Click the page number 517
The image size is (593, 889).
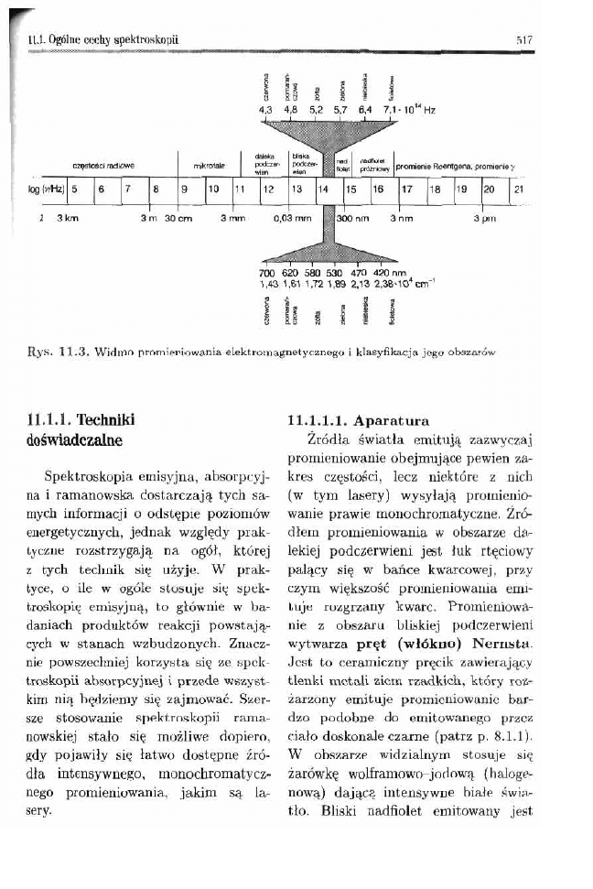click(x=523, y=40)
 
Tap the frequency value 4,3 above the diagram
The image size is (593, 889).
click(x=267, y=108)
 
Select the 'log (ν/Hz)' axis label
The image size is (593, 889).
click(x=46, y=190)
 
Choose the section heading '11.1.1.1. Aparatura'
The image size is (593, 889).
click(x=357, y=421)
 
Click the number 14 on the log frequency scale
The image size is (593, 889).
click(x=323, y=190)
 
